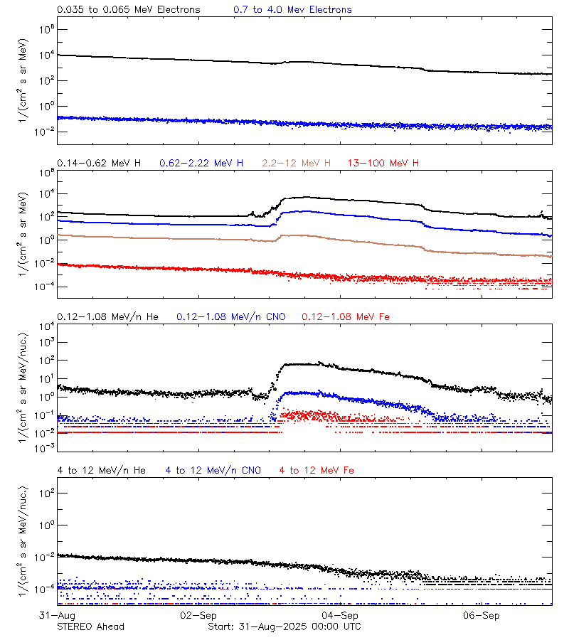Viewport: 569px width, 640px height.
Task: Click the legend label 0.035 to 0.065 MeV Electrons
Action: click(129, 10)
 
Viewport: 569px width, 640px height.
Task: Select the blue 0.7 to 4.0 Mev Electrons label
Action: click(292, 10)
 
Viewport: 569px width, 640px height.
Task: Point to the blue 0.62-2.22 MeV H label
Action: click(201, 164)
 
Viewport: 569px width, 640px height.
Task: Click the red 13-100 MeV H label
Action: click(383, 164)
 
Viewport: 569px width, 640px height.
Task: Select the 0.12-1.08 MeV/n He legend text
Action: click(108, 316)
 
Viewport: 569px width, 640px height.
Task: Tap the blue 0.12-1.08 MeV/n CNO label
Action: click(231, 316)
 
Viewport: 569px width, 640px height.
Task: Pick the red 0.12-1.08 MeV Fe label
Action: click(346, 316)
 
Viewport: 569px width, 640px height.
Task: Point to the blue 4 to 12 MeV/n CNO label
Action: click(213, 470)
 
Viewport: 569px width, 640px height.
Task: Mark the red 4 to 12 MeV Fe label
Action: click(317, 470)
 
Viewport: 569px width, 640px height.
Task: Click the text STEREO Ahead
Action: click(90, 626)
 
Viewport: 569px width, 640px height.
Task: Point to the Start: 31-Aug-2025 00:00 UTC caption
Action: click(284, 626)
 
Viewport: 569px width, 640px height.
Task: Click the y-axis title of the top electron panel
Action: click(24, 80)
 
